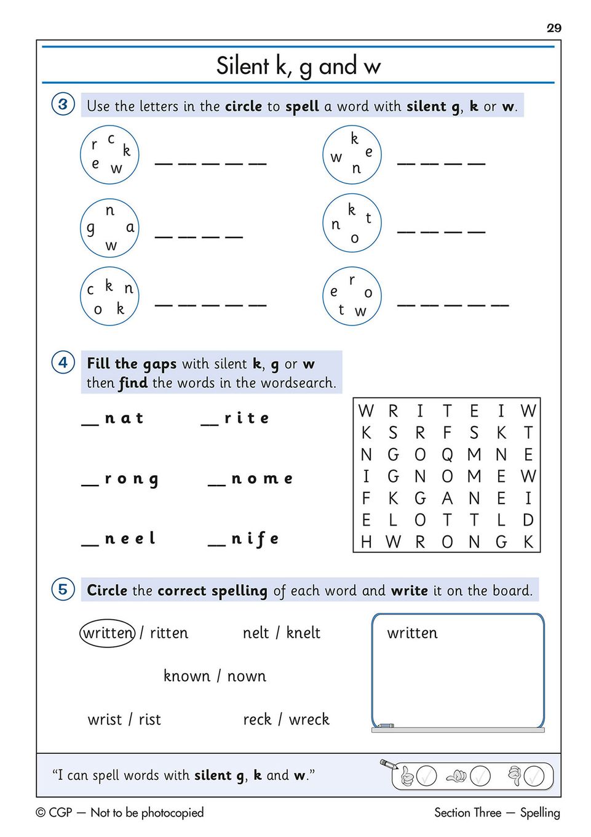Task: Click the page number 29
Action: [553, 28]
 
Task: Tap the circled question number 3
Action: [63, 104]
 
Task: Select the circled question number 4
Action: [63, 362]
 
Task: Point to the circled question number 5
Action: [63, 589]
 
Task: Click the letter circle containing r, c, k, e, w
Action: [109, 154]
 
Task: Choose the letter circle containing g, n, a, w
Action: [109, 227]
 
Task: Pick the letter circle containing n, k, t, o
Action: [352, 223]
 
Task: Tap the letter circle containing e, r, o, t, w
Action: [352, 296]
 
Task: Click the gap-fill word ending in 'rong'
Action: [121, 479]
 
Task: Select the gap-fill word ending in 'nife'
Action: [244, 540]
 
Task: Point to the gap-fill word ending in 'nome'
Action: [250, 479]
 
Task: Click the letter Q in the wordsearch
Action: [447, 455]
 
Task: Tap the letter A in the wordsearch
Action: [447, 498]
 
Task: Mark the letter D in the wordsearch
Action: [528, 520]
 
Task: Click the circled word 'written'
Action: [108, 633]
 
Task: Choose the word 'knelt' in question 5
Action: [303, 633]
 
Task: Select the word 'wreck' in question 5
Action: [309, 719]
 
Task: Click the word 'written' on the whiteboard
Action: [412, 633]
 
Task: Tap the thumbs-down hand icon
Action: [514, 775]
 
